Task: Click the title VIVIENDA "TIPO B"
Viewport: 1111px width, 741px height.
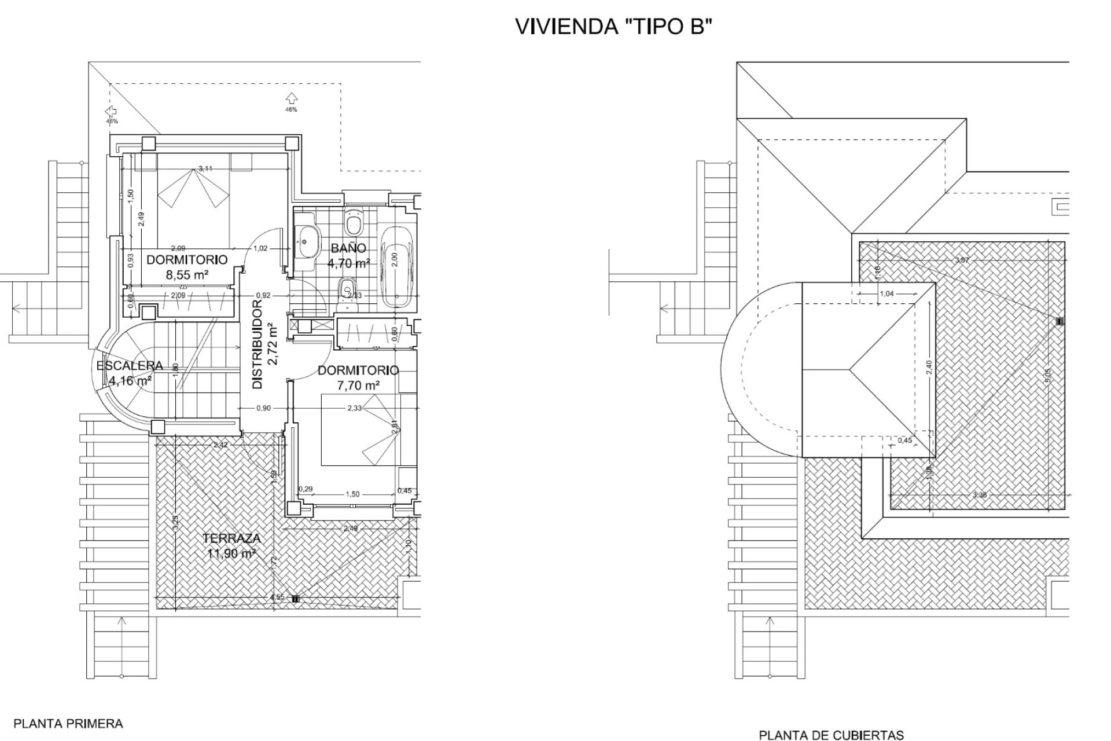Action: pyautogui.click(x=612, y=27)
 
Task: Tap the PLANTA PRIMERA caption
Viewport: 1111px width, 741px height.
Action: pyautogui.click(x=68, y=724)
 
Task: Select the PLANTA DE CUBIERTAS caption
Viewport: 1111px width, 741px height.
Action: pyautogui.click(x=831, y=736)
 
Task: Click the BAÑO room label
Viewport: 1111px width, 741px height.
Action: pyautogui.click(x=348, y=248)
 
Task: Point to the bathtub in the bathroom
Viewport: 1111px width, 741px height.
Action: pyautogui.click(x=397, y=267)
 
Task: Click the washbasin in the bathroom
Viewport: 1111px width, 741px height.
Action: pyautogui.click(x=307, y=242)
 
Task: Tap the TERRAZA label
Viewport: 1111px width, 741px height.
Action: pyautogui.click(x=231, y=538)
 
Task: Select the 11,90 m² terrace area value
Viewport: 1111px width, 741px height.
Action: pyautogui.click(x=231, y=554)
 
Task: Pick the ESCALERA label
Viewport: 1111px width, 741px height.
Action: pyautogui.click(x=130, y=366)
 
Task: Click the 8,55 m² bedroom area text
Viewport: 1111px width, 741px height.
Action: pyautogui.click(x=187, y=275)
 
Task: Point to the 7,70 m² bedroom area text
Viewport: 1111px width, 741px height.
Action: pyautogui.click(x=358, y=384)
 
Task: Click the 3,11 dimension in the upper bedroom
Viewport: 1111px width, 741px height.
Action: pyautogui.click(x=205, y=168)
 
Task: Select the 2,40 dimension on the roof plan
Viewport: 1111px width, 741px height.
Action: pyautogui.click(x=929, y=367)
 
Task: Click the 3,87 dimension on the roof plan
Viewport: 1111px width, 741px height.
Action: pyautogui.click(x=962, y=260)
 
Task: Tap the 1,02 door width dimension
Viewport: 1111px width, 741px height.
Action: pyautogui.click(x=260, y=248)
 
